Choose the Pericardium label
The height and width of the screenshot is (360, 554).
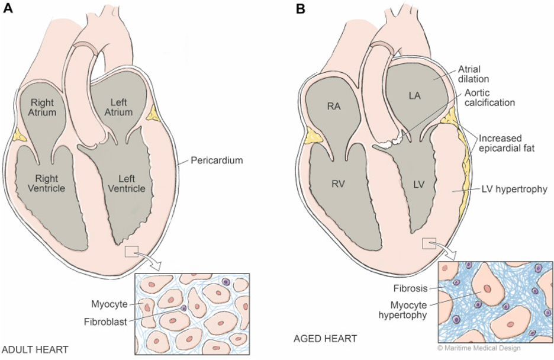[217, 160]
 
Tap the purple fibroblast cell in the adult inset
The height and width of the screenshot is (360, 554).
[183, 308]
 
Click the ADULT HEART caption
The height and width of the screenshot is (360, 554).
[36, 349]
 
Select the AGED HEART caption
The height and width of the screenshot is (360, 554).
[325, 339]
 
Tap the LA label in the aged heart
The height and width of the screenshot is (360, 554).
[414, 95]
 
